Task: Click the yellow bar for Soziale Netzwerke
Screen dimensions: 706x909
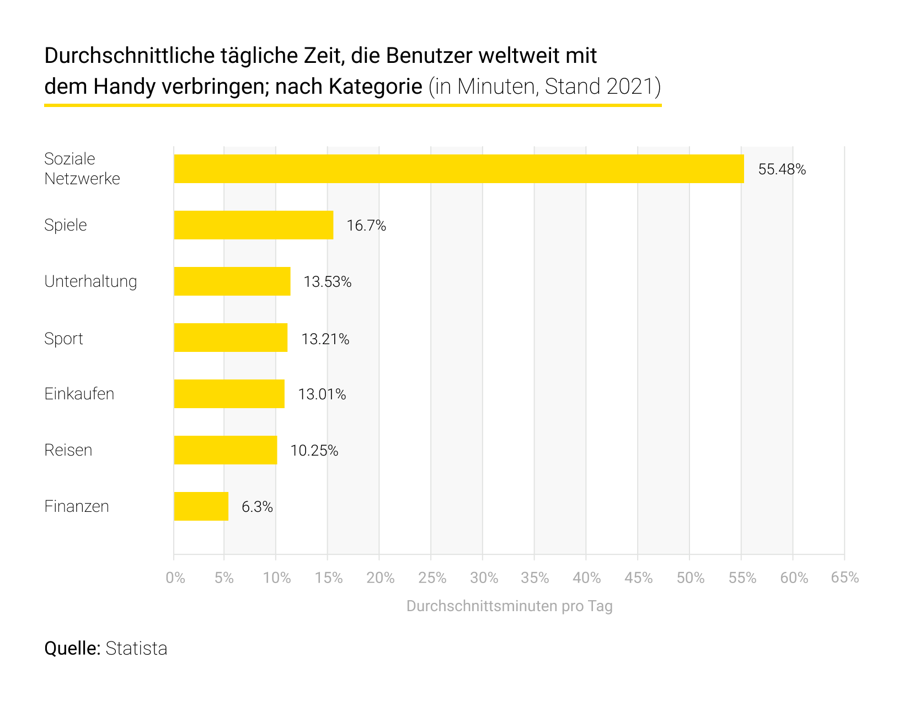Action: (458, 169)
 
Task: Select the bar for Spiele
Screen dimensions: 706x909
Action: (253, 225)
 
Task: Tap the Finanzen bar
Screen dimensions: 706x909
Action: (201, 506)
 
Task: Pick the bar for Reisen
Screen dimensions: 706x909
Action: (225, 450)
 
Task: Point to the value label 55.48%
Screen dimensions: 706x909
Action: (782, 169)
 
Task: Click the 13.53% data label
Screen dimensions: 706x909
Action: (327, 282)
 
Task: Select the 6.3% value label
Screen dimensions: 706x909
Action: (257, 507)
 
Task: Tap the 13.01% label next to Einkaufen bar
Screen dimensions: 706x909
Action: (322, 394)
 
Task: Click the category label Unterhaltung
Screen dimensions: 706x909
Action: (90, 281)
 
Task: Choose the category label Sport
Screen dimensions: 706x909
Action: (63, 338)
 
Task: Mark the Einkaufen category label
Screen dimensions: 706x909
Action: (79, 394)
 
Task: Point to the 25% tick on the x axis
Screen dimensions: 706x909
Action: (432, 577)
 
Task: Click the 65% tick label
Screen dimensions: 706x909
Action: (844, 577)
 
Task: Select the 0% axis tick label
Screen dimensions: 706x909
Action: (175, 577)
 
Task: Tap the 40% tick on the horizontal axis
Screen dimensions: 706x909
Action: (587, 577)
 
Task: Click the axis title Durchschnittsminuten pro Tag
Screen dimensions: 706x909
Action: (509, 606)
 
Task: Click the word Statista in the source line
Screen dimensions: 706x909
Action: (136, 648)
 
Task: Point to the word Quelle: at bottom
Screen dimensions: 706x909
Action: (72, 648)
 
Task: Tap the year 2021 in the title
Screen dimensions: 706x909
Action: (629, 87)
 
